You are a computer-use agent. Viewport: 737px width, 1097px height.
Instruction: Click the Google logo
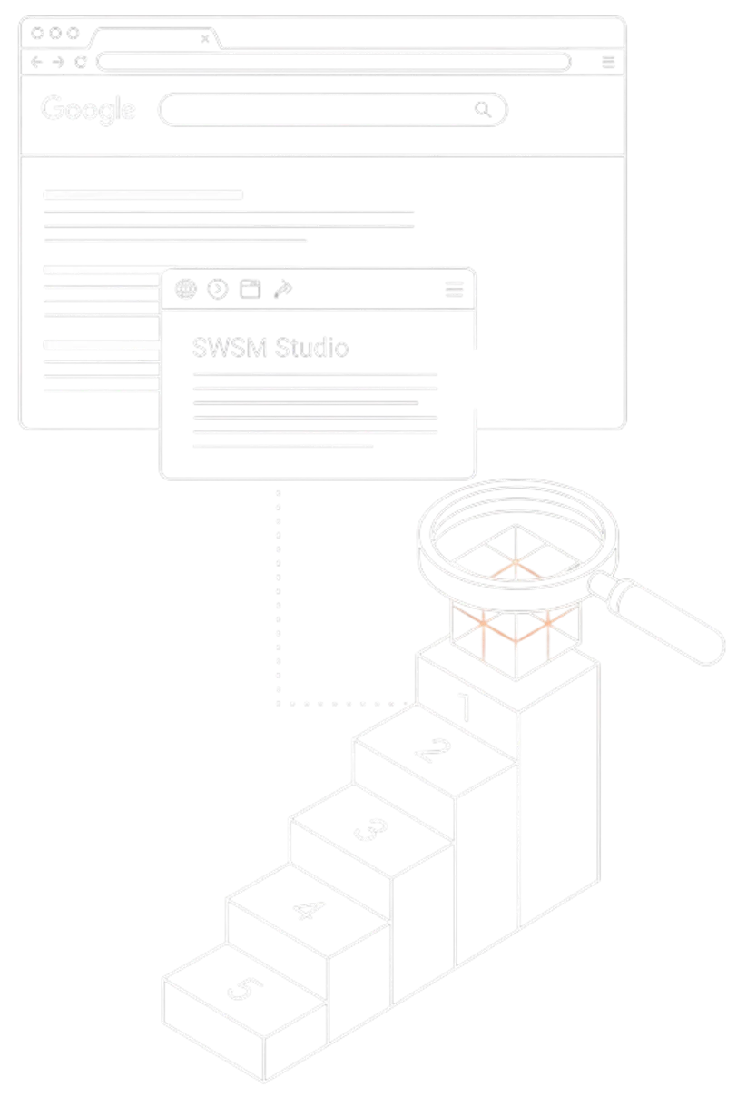click(x=88, y=109)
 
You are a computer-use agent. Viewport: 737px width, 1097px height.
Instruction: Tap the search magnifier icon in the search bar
click(x=483, y=109)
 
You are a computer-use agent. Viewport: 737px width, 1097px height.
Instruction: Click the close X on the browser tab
click(x=205, y=39)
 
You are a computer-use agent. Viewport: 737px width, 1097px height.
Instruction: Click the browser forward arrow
click(x=58, y=62)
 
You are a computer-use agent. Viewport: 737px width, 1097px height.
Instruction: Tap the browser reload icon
click(x=80, y=62)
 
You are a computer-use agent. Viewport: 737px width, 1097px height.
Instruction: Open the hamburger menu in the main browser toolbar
click(x=608, y=62)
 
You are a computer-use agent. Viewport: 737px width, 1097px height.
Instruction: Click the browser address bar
click(x=334, y=62)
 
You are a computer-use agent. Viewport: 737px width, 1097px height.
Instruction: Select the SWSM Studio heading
click(x=270, y=348)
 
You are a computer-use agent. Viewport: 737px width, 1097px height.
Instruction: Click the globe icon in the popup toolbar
click(x=186, y=289)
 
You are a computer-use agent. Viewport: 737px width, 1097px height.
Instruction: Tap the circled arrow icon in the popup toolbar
click(x=218, y=289)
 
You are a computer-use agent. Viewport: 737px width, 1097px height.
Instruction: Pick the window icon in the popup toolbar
click(x=251, y=289)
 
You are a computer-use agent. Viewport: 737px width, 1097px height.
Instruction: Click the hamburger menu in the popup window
click(x=455, y=289)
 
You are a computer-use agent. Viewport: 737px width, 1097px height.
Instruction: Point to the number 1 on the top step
click(x=465, y=707)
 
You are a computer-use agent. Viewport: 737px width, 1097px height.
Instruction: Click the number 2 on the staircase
click(x=433, y=750)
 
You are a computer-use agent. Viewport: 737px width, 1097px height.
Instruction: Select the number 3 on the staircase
click(x=371, y=828)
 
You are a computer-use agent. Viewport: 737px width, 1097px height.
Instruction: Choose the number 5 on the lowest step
click(x=246, y=988)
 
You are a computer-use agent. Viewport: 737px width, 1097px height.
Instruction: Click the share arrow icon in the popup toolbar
click(x=283, y=289)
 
